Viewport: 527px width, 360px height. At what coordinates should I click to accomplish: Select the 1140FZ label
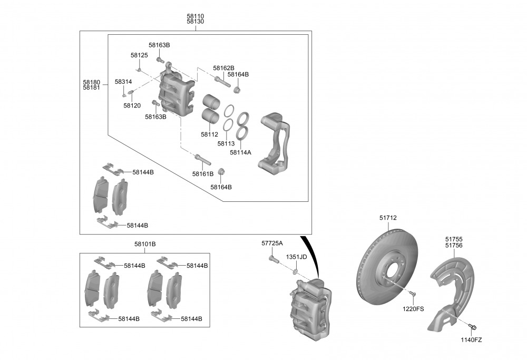point(471,340)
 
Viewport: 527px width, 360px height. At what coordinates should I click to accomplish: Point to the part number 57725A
point(272,243)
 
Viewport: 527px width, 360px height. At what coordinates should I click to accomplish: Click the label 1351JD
point(296,257)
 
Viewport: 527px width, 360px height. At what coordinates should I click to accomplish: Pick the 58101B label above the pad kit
point(145,244)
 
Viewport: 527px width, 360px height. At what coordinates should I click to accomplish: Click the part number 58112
point(209,134)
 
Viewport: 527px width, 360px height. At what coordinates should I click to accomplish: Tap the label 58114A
point(240,152)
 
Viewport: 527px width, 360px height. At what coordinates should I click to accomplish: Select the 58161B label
point(202,173)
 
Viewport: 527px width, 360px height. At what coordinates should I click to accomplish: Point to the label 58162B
point(223,68)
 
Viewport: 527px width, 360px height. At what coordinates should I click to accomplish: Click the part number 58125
point(139,55)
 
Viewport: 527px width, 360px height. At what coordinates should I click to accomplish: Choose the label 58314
point(123,82)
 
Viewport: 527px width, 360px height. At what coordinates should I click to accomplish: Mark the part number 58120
point(132,105)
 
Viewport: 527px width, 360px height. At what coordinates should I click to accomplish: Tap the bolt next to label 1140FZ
point(472,327)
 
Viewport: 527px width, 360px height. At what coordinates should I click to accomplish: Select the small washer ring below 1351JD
point(296,271)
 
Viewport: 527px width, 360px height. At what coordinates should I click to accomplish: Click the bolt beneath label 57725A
point(272,259)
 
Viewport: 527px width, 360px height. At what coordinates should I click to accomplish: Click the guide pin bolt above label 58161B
point(202,159)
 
